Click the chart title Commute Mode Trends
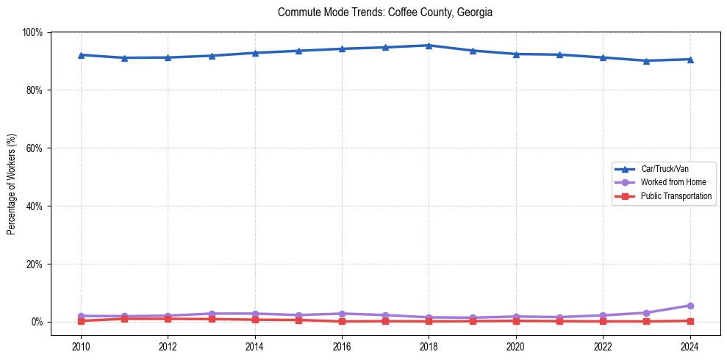pyautogui.click(x=385, y=12)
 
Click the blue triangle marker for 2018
pyautogui.click(x=429, y=46)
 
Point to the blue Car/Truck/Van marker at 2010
pyautogui.click(x=81, y=55)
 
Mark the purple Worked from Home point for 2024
pyautogui.click(x=690, y=306)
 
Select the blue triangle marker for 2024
pyautogui.click(x=690, y=60)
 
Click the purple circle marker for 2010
pyautogui.click(x=81, y=316)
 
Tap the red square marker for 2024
pyautogui.click(x=690, y=321)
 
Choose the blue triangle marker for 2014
pyautogui.click(x=255, y=53)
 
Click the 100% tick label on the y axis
pyautogui.click(x=32, y=32)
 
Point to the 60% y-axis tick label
pyautogui.click(x=35, y=148)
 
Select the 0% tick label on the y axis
pyautogui.click(x=37, y=322)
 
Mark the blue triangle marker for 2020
pyautogui.click(x=516, y=54)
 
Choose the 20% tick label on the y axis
pyautogui.click(x=35, y=264)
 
